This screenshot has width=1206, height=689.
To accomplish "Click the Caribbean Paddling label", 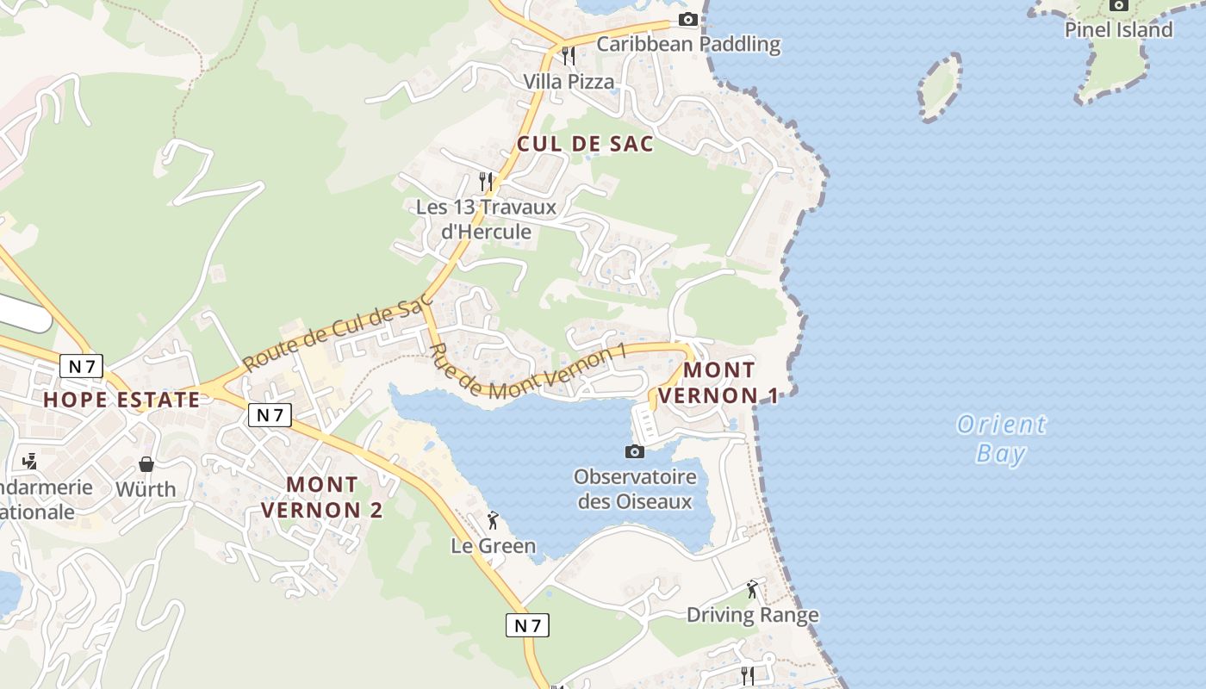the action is (x=688, y=44).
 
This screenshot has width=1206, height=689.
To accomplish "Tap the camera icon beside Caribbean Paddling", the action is (x=687, y=19).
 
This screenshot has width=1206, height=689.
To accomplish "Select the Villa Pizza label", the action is (x=569, y=82).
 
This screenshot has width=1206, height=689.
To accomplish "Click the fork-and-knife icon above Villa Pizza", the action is (x=568, y=55).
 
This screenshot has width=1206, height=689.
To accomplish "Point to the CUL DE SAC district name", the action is (x=585, y=144).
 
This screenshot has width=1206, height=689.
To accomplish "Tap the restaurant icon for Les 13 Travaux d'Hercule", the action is (x=486, y=181).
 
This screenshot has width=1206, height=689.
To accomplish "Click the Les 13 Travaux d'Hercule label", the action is (x=486, y=220).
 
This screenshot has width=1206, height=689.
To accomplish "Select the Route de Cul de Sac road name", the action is (x=337, y=335).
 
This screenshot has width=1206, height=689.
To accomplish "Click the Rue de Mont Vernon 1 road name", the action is (x=526, y=371).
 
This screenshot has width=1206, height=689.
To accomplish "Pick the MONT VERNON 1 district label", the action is (x=730, y=383).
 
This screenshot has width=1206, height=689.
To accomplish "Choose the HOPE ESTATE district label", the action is (x=121, y=400).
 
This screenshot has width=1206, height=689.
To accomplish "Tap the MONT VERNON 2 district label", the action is (x=321, y=497).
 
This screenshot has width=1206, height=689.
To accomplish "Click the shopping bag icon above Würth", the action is (x=146, y=464).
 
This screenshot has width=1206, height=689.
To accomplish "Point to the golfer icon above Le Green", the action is (x=493, y=520).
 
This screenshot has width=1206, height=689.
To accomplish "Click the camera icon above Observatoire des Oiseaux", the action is (x=634, y=451).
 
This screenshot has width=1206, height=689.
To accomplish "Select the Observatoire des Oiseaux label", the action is (x=635, y=488).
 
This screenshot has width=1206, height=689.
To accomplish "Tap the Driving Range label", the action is (x=752, y=615).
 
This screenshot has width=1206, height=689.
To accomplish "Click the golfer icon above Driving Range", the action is (x=752, y=589).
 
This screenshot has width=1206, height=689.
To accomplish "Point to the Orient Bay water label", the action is (x=1001, y=438).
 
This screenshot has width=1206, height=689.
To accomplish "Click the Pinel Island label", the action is (x=1118, y=30).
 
